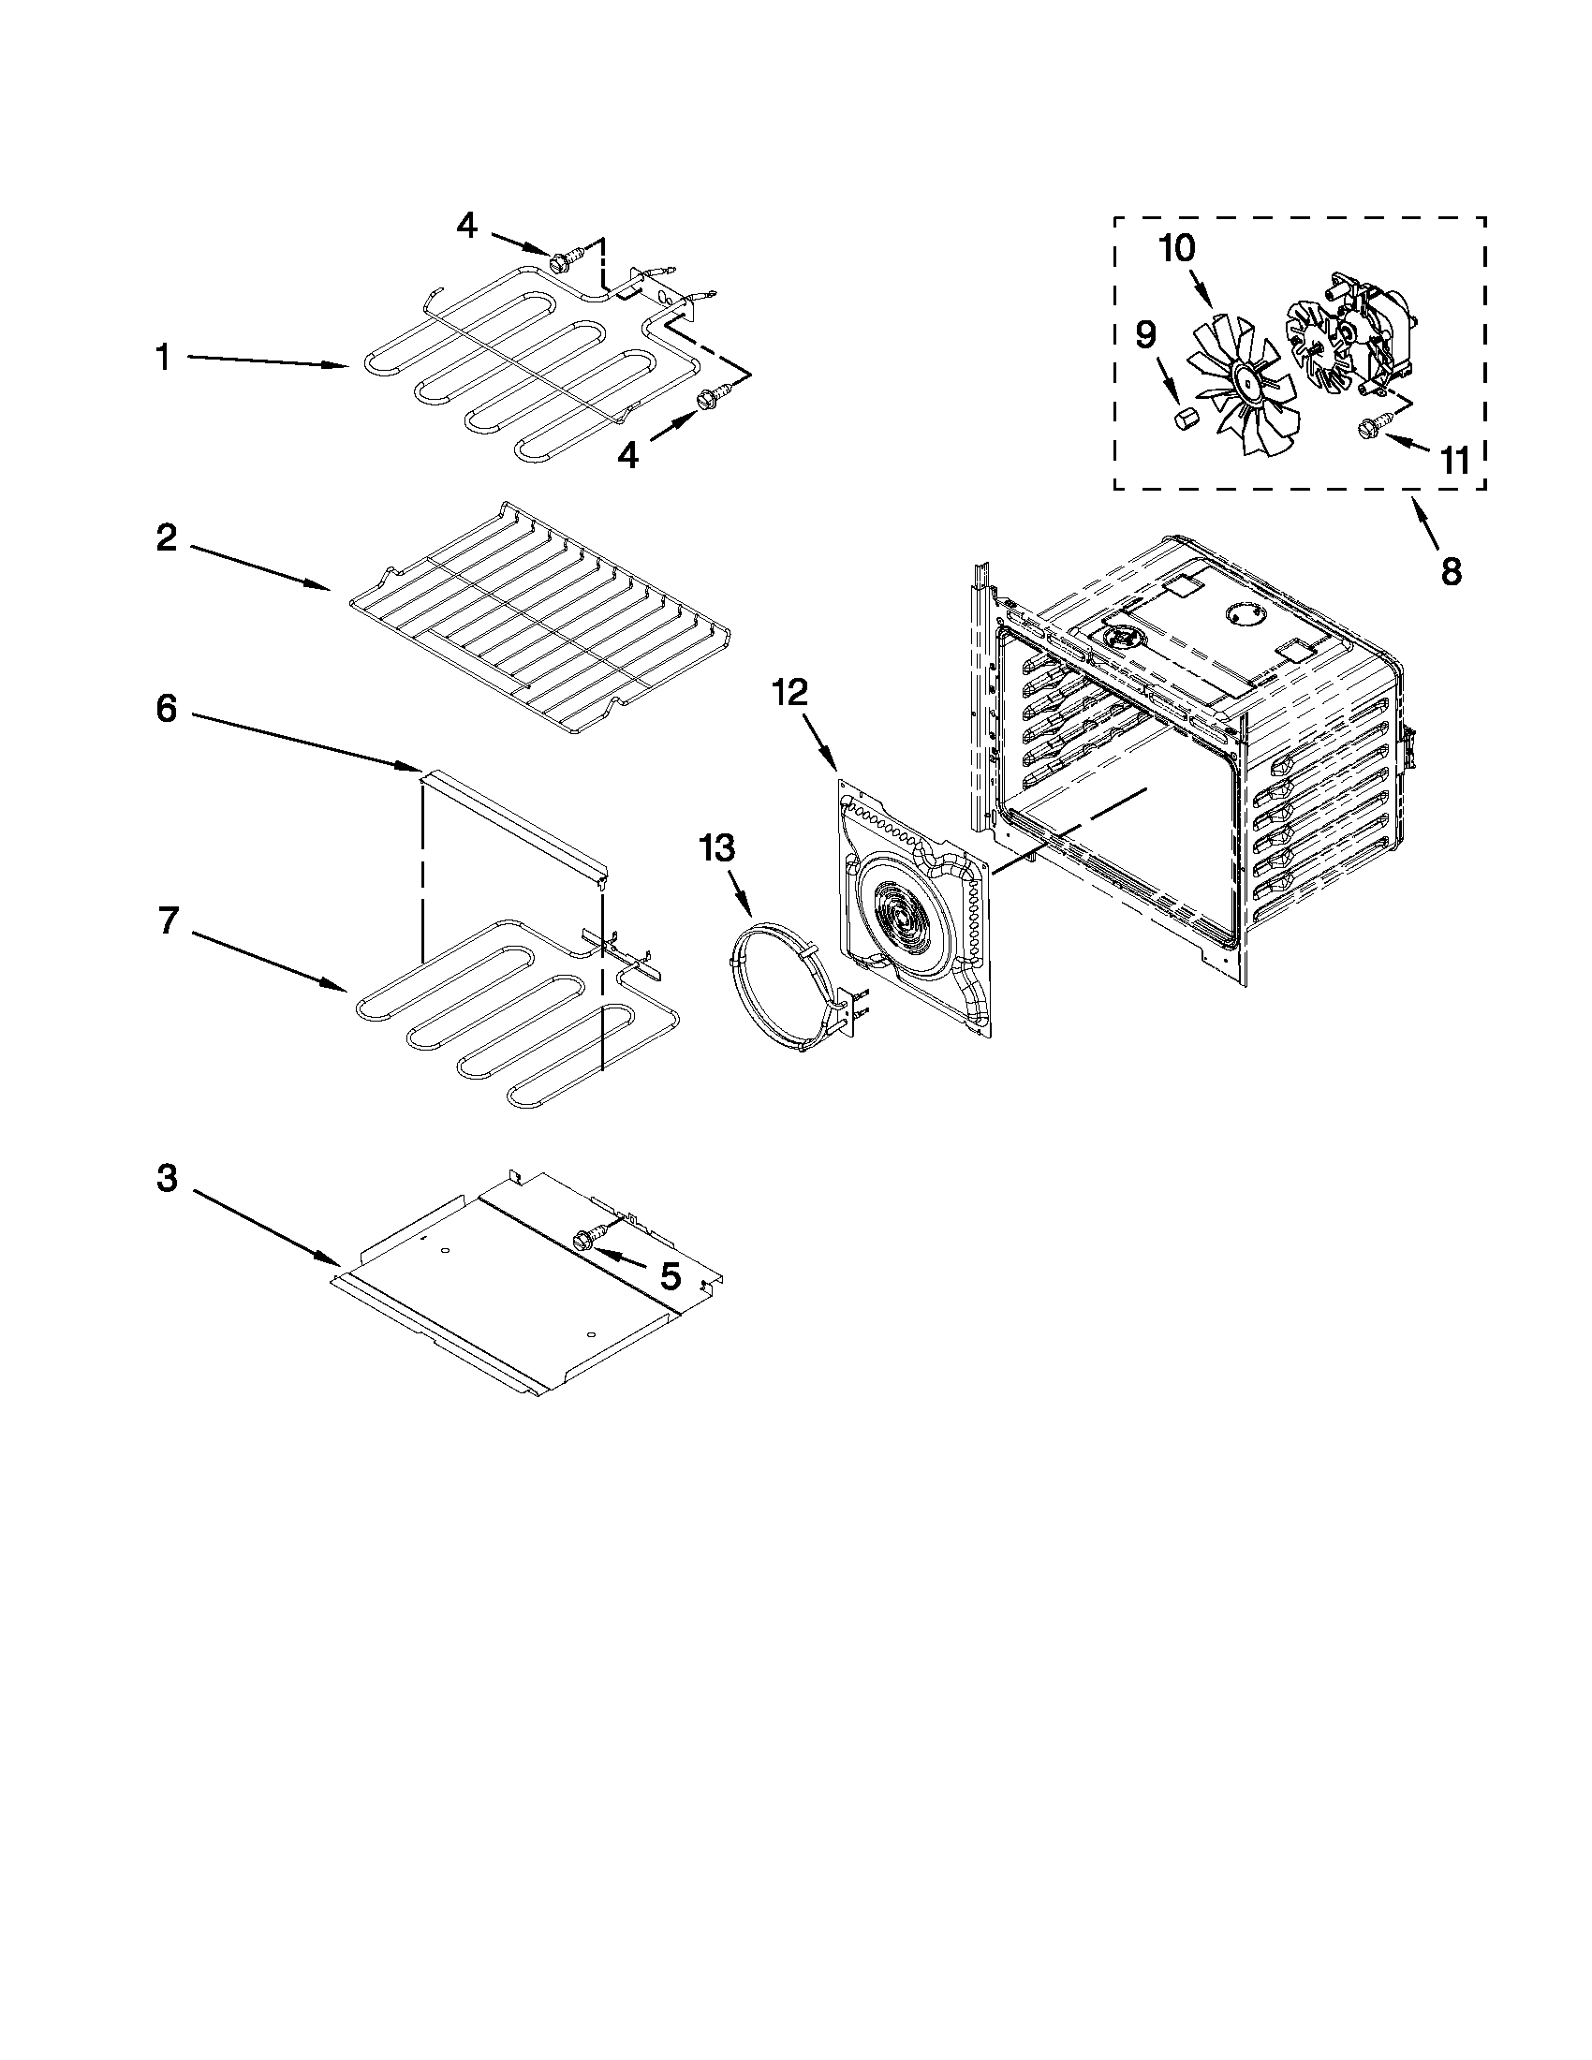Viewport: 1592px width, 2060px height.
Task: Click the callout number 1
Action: pos(163,359)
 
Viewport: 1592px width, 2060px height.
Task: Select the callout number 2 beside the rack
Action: pos(167,539)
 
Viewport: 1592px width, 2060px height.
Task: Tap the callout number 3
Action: pos(167,1178)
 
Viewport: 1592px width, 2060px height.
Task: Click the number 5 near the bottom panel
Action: pos(670,1277)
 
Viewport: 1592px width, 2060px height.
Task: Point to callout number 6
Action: pos(167,709)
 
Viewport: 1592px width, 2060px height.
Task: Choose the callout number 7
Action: pos(168,920)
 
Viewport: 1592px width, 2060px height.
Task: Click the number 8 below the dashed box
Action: pos(1452,570)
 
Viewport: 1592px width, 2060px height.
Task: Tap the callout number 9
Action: pos(1145,335)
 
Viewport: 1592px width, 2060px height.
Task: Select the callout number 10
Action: pos(1177,249)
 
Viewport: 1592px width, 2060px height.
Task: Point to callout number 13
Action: pos(716,848)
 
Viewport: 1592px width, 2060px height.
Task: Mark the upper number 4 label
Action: pos(467,226)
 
